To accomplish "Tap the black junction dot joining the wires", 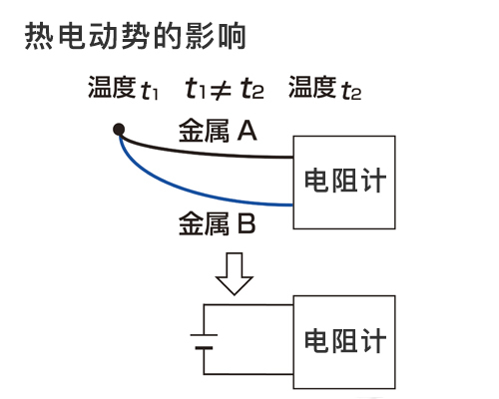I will point(119,129).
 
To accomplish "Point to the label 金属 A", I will point(218,131).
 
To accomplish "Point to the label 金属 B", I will point(217,220).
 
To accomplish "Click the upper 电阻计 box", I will point(344,182).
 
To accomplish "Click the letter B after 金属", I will point(247,220).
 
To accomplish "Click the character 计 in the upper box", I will point(372,182).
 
